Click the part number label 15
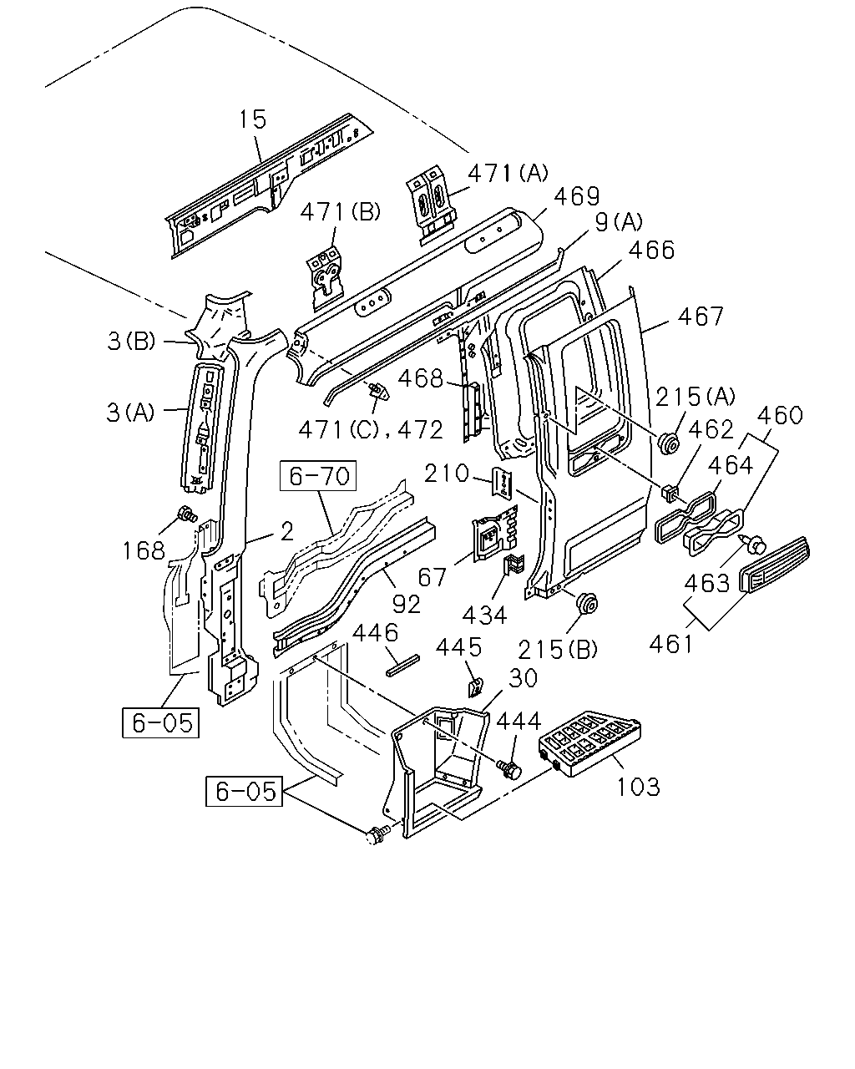(x=253, y=119)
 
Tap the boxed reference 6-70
(x=318, y=475)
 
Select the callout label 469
(x=577, y=197)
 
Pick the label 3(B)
(x=132, y=342)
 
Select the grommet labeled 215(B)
(x=586, y=604)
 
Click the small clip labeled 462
(x=670, y=494)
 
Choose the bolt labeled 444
(x=509, y=769)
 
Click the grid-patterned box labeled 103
(x=589, y=742)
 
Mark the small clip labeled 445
(x=475, y=686)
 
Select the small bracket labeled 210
(x=503, y=482)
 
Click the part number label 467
(x=701, y=316)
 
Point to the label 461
(x=671, y=644)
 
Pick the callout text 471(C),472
(x=370, y=429)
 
